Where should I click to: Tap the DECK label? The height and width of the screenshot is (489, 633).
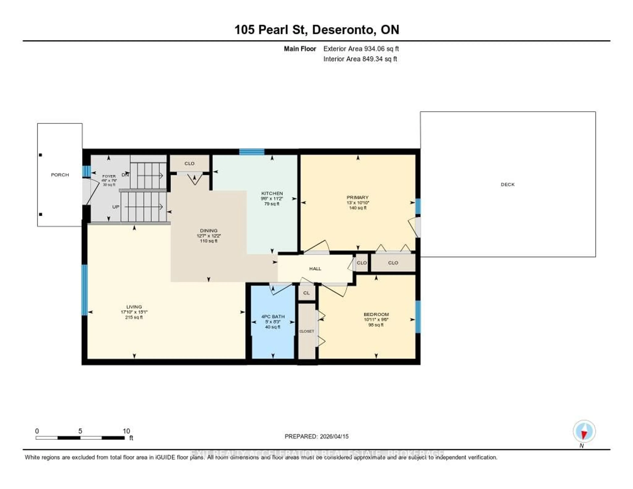pyautogui.click(x=508, y=184)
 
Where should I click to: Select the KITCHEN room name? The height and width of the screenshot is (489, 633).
pyautogui.click(x=272, y=193)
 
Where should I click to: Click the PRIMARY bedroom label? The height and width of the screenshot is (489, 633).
pyautogui.click(x=357, y=197)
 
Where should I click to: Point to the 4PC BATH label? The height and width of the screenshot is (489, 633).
pyautogui.click(x=273, y=317)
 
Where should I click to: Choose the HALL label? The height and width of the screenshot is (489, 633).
pyautogui.click(x=315, y=269)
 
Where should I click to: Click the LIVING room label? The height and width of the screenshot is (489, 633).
pyautogui.click(x=134, y=307)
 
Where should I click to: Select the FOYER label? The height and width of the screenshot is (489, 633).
pyautogui.click(x=109, y=176)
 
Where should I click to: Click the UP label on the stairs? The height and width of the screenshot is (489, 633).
pyautogui.click(x=116, y=207)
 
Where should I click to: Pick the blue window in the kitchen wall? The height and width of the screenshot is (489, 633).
pyautogui.click(x=252, y=152)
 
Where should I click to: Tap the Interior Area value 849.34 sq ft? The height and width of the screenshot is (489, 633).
pyautogui.click(x=379, y=59)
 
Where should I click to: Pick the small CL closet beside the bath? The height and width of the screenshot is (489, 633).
pyautogui.click(x=306, y=293)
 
